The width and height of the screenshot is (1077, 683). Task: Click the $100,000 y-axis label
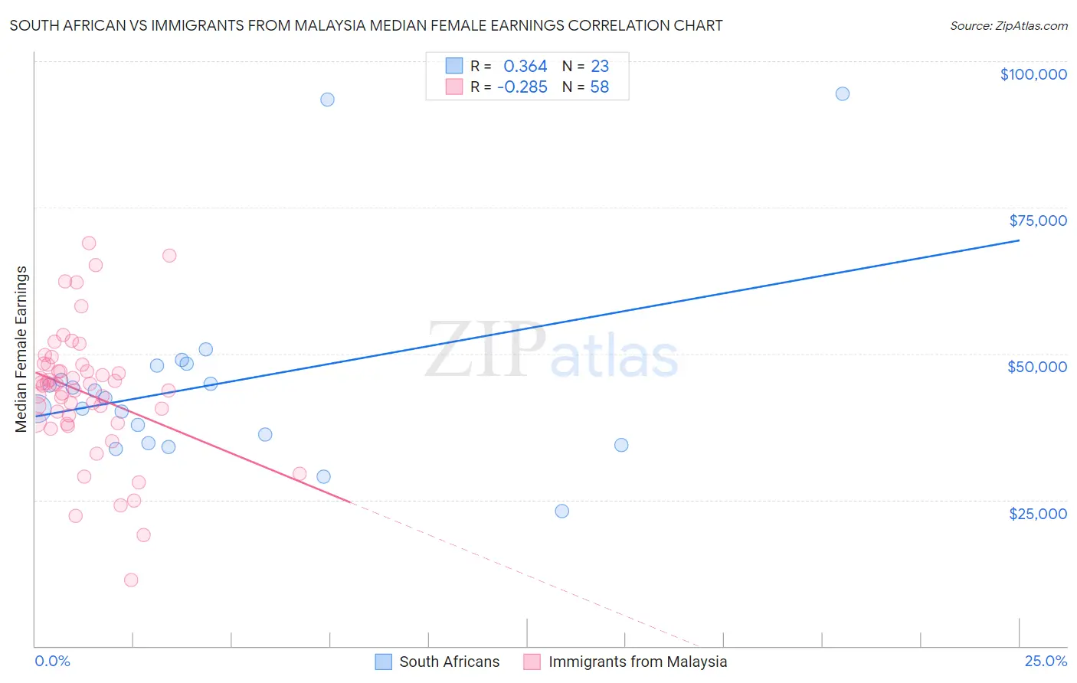[1033, 74]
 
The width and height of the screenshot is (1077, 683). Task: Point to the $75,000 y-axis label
[1037, 221]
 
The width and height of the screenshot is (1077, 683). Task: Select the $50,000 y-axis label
[1036, 367]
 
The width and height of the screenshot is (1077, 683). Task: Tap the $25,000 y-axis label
[1037, 514]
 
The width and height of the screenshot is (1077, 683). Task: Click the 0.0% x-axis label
[52, 662]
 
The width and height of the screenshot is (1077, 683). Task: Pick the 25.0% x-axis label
[1046, 662]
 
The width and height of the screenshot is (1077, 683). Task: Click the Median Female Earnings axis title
[21, 349]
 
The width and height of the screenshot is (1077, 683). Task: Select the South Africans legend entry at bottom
[449, 662]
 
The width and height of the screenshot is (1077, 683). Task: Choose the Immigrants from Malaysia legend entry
[637, 662]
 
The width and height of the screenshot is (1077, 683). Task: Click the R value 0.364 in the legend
[525, 67]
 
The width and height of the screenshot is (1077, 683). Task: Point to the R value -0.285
[522, 87]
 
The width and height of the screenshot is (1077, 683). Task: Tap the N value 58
[599, 87]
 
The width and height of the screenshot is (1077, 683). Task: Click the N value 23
[599, 67]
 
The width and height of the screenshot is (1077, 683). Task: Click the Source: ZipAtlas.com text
[1008, 26]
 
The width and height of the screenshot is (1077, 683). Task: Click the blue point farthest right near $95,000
[842, 93]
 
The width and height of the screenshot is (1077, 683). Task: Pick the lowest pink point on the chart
[131, 580]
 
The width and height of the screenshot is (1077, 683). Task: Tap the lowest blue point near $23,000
[561, 511]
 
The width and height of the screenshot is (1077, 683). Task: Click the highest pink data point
[89, 243]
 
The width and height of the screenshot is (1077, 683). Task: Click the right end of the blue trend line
[1019, 240]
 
